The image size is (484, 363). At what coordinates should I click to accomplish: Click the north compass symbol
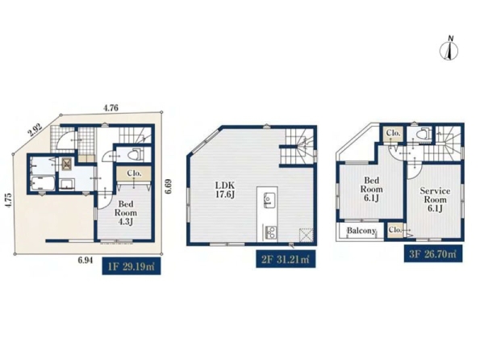tap(449, 48)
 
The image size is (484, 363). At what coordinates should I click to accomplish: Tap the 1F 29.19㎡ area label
tap(131, 266)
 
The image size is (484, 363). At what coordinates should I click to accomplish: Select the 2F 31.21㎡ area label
tap(286, 259)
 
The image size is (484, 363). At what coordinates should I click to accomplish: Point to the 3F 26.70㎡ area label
tap(433, 254)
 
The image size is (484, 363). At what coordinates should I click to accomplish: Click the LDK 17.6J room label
tap(225, 190)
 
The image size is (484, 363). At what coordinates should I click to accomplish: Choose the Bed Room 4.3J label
tap(126, 213)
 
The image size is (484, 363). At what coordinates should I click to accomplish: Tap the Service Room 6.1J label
tap(435, 199)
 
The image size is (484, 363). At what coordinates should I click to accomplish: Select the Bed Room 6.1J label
tap(371, 189)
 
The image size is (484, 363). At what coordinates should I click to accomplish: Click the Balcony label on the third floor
tap(361, 231)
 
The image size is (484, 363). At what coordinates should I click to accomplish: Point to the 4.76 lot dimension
tap(111, 108)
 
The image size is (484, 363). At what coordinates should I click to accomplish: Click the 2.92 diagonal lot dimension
tap(35, 131)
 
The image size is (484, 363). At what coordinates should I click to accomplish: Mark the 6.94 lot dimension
tap(86, 261)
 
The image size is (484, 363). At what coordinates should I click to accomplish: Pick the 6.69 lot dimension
tap(168, 186)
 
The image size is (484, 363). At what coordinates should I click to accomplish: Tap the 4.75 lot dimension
tap(8, 200)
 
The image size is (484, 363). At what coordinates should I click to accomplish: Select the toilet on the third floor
tap(422, 133)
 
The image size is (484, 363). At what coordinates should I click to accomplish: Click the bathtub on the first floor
tap(44, 184)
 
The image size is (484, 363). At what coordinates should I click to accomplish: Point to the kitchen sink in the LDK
tap(267, 200)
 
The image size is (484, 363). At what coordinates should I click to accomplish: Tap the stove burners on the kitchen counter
tap(269, 232)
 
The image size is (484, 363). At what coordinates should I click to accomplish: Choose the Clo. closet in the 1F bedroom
tap(134, 173)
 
